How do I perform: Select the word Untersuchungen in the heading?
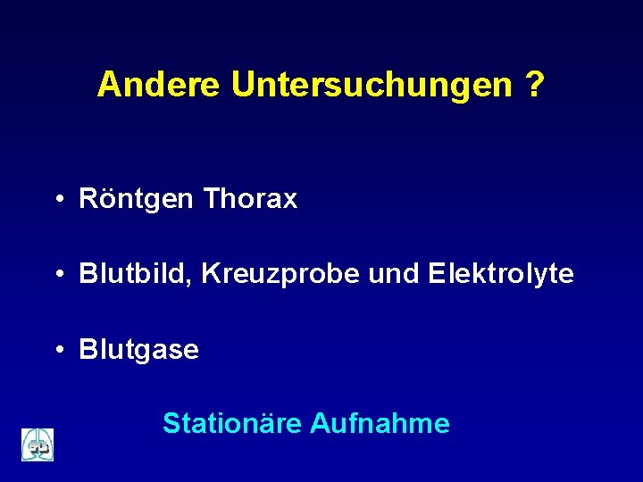[372, 85]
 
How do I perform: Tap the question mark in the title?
[535, 85]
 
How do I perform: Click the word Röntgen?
[136, 199]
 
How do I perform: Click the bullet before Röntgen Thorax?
[56, 200]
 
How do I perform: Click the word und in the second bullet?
[394, 274]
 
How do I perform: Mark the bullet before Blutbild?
[56, 275]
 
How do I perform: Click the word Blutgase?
[139, 349]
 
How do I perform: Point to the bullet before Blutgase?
[56, 350]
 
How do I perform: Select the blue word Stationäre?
[231, 422]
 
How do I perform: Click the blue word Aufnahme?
[380, 422]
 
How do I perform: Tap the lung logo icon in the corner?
[38, 445]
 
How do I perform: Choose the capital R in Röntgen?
[88, 199]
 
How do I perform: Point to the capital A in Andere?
[108, 85]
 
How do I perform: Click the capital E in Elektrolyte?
[437, 274]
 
